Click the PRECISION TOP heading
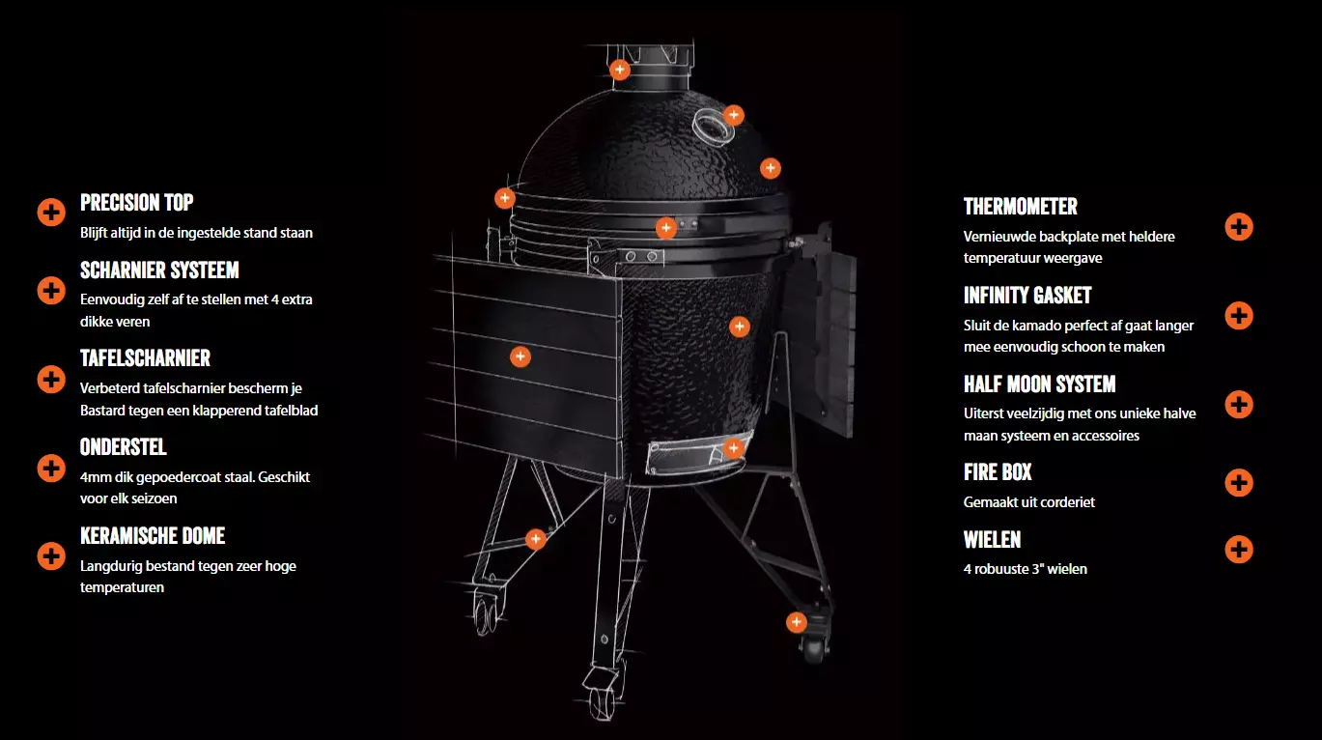[137, 203]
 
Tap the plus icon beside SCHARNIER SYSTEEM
[51, 291]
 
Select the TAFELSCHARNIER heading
[145, 357]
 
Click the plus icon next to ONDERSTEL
[51, 469]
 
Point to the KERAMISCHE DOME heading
[153, 535]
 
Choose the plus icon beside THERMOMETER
[1239, 227]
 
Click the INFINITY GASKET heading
[1027, 296]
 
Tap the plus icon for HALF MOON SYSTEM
[1239, 405]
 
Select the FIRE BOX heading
[998, 471]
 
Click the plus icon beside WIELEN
[1239, 550]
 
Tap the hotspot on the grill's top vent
[620, 70]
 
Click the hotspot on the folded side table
[520, 356]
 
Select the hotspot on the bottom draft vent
[733, 448]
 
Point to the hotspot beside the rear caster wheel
[796, 622]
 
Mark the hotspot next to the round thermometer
[734, 115]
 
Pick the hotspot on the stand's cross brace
[535, 539]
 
